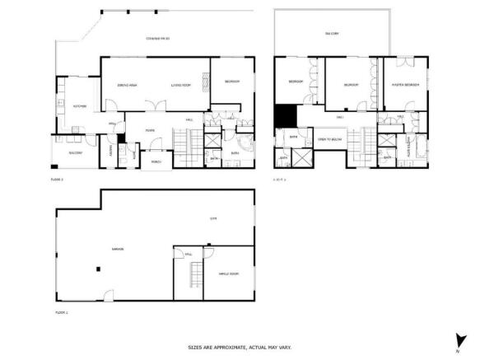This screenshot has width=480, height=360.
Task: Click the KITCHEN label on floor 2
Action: pyautogui.click(x=80, y=107)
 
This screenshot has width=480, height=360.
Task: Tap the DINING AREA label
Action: pyautogui.click(x=128, y=85)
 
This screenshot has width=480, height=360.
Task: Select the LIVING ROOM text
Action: pyautogui.click(x=181, y=85)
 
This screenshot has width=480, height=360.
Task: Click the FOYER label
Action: pyautogui.click(x=151, y=130)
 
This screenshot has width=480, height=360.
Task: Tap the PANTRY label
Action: pyautogui.click(x=110, y=149)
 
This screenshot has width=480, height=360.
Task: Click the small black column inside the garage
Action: pyautogui.click(x=98, y=267)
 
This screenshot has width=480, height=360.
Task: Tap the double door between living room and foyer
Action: pyautogui.click(x=152, y=103)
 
